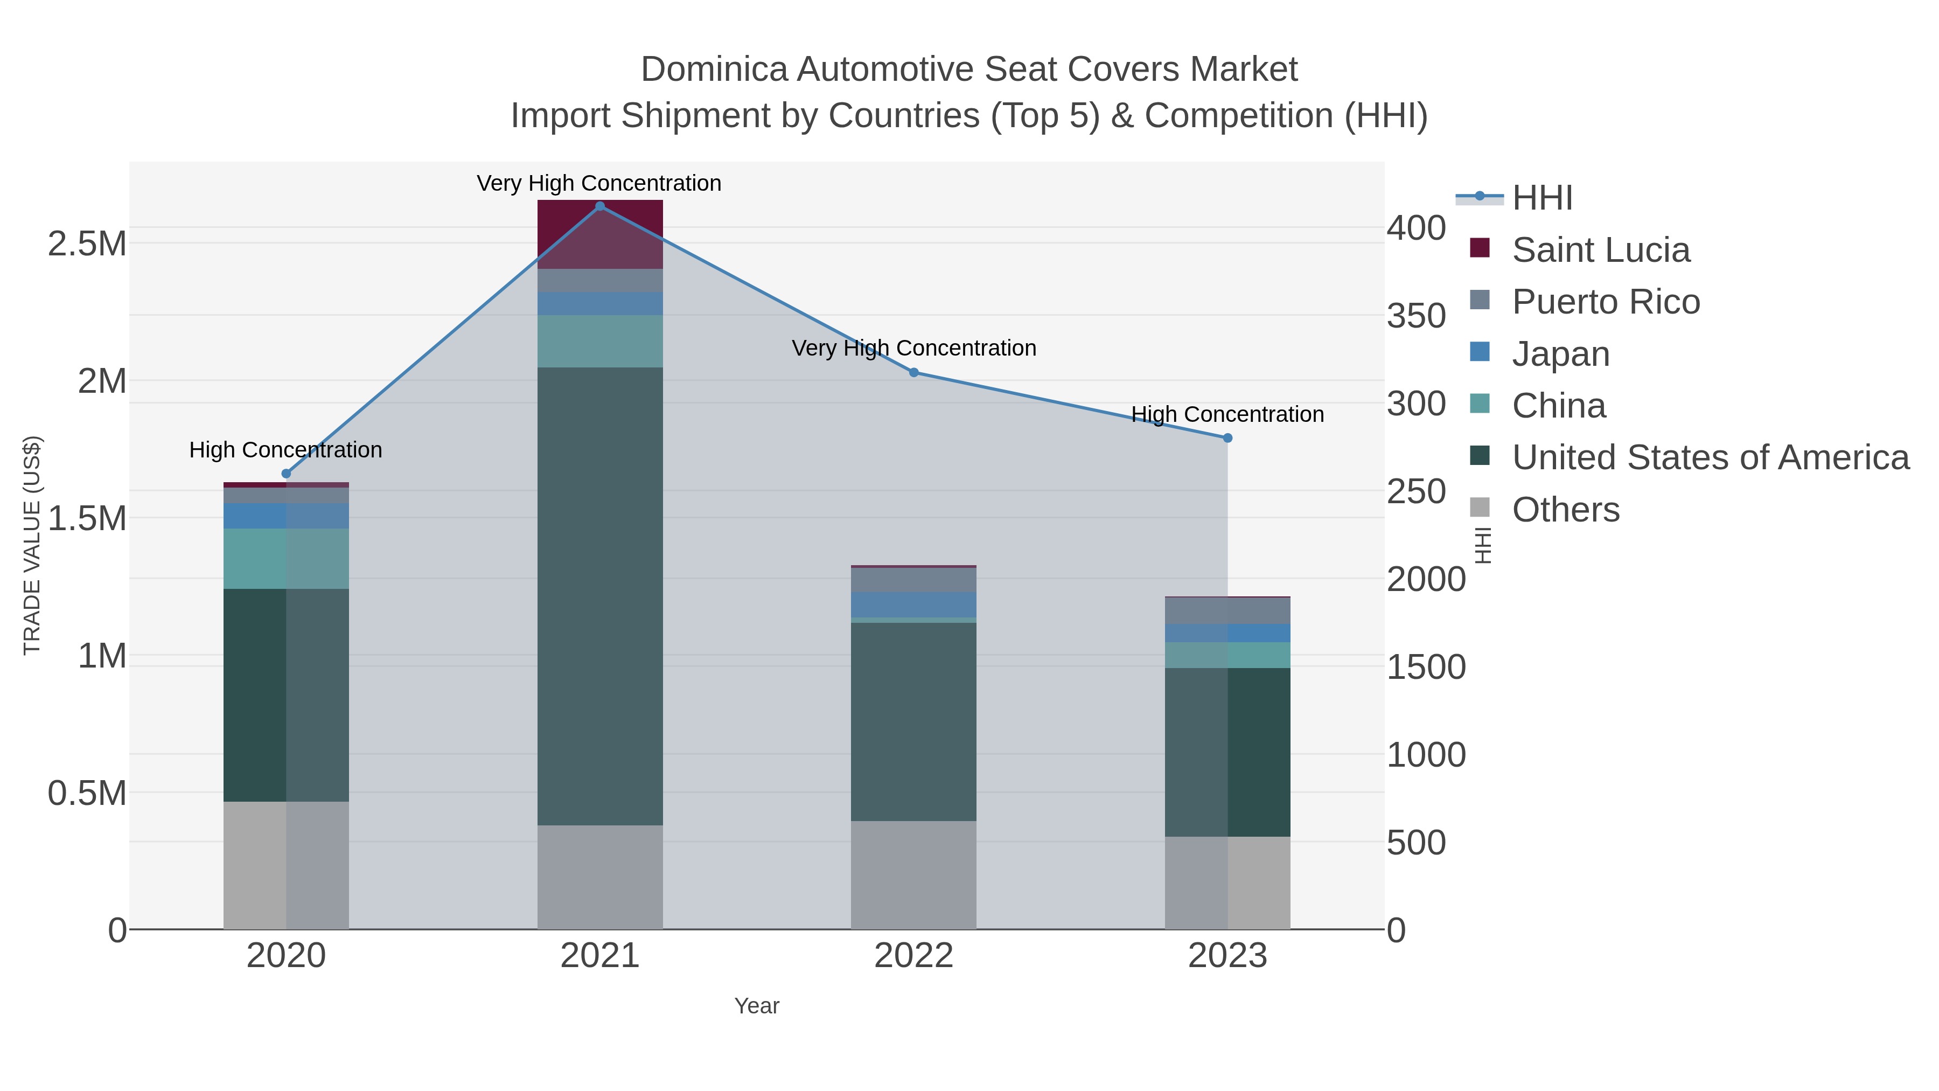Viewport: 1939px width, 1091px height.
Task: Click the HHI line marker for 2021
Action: (x=600, y=206)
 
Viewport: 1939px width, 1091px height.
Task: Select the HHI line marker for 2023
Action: (x=1227, y=438)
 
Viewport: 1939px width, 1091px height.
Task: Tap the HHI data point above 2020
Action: (x=286, y=474)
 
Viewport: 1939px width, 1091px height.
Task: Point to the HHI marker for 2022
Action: (x=914, y=372)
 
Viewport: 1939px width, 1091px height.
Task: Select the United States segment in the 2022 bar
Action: (x=914, y=721)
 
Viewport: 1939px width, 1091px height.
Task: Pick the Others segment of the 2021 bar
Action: (x=600, y=877)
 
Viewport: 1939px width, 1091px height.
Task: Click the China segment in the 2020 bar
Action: (x=286, y=559)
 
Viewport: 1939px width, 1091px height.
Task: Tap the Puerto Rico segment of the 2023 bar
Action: (x=1227, y=610)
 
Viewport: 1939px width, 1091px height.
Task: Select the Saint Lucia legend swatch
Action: (x=1479, y=248)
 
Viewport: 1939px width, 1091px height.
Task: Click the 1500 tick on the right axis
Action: (x=1426, y=667)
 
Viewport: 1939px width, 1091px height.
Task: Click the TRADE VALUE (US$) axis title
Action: (x=32, y=545)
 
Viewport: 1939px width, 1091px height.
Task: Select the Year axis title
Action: (x=757, y=1006)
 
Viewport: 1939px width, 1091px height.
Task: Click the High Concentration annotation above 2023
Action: (x=1227, y=414)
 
